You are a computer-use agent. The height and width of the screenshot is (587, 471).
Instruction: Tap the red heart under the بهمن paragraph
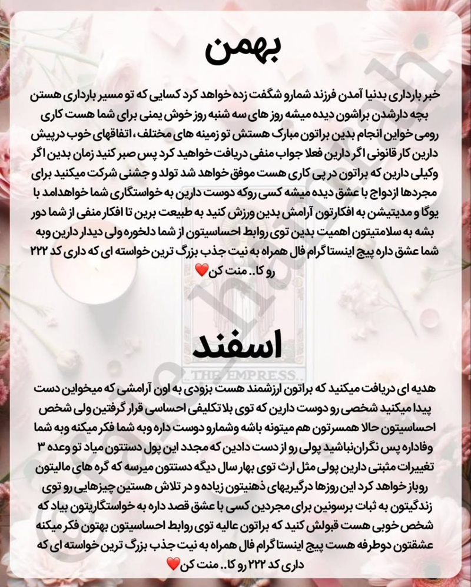click(201, 271)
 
